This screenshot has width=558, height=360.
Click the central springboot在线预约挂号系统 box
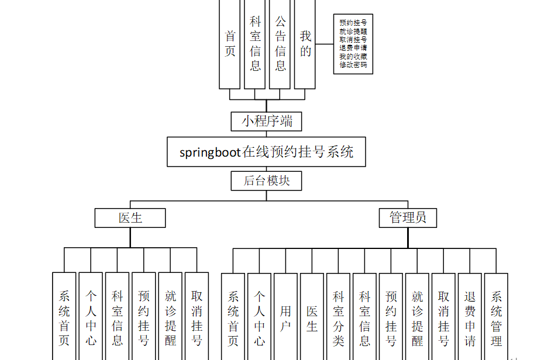click(266, 152)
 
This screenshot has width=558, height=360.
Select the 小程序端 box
click(266, 121)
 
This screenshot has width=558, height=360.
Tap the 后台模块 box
click(266, 181)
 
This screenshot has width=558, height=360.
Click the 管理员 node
click(408, 218)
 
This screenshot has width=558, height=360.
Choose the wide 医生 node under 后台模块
click(130, 218)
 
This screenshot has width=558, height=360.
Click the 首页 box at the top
click(230, 44)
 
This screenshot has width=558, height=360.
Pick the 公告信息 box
click(280, 44)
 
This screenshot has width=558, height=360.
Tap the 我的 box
click(305, 44)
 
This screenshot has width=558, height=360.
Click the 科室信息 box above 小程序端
click(255, 44)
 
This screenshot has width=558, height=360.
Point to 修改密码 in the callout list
click(353, 65)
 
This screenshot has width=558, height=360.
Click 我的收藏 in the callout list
click(353, 57)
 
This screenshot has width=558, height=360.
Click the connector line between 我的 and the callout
click(325, 44)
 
